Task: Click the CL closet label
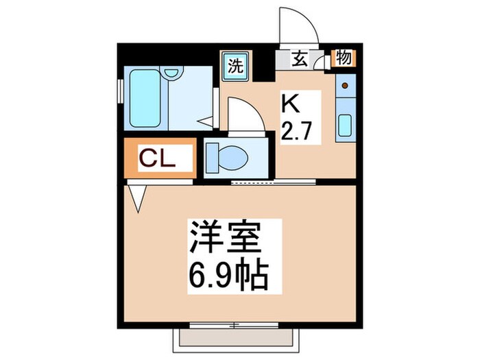pos(158,158)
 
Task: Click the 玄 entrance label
pos(300,59)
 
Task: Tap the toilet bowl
pos(230,157)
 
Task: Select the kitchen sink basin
pos(345,125)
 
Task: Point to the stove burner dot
pos(345,86)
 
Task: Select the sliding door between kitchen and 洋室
pos(273,181)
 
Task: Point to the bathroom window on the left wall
pos(121,89)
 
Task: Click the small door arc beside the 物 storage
pos(321,63)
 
